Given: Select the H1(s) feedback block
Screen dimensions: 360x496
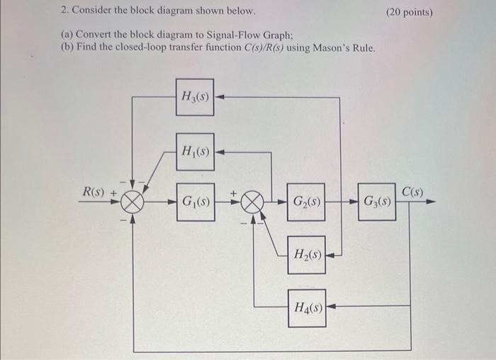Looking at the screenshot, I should pos(195,151).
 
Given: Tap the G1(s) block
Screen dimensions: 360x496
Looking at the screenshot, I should pos(195,202).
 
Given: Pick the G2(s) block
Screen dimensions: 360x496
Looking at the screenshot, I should pos(306,202).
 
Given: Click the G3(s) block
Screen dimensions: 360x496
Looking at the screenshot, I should pos(376,202).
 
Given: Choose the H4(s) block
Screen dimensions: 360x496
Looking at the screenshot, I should pos(306,308).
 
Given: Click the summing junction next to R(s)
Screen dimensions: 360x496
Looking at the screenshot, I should pos(132,202).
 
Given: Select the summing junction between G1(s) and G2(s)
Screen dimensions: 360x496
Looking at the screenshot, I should pos(251,202).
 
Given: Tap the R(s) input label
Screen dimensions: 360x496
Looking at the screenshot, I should pos(95,191).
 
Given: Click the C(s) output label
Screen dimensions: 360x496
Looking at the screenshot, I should pos(412,191).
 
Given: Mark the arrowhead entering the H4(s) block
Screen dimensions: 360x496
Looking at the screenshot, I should pos(331,308).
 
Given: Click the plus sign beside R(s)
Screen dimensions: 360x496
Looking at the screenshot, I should pos(113,192).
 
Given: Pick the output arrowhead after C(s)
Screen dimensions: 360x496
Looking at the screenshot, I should pos(430,202).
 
